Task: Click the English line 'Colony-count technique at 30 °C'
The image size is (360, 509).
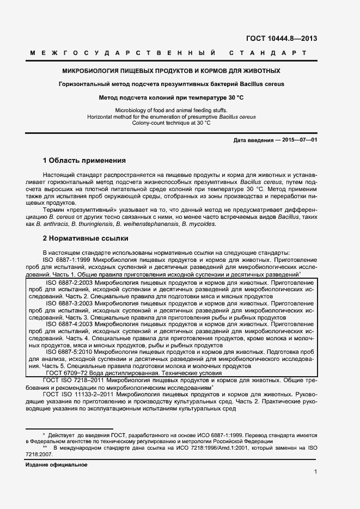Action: coord(172,123)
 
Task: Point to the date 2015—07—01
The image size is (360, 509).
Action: coord(298,140)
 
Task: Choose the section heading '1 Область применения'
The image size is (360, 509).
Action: coord(84,161)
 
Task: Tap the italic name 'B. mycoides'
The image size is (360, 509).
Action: coord(199,224)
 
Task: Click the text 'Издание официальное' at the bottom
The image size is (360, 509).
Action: coord(56,465)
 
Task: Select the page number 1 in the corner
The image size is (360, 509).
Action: coord(316,473)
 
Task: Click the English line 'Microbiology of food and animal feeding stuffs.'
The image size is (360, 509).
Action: coord(172,110)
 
